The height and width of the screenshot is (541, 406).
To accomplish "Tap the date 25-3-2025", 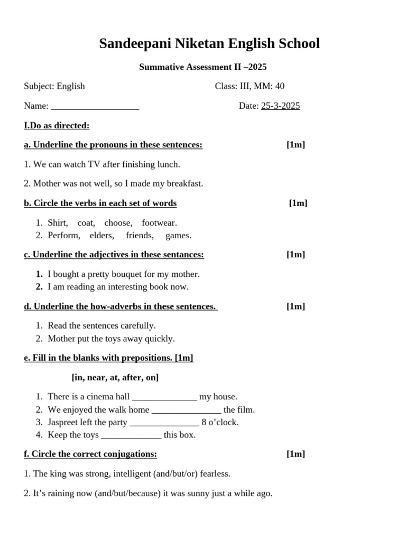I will (280, 106).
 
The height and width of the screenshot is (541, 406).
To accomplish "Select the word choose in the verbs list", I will (118, 223).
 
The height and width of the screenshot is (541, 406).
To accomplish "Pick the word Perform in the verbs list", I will (64, 236).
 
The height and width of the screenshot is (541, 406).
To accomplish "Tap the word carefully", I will (138, 325).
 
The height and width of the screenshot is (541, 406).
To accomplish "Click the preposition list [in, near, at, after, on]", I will (115, 377).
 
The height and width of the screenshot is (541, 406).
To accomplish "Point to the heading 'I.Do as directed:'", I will (57, 125).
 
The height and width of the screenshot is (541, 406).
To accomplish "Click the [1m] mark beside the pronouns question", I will (296, 145).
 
